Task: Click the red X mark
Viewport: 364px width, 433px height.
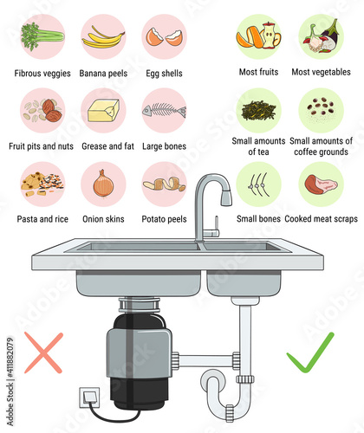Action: coord(43,352)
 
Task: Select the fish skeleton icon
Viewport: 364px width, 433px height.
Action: coord(164,111)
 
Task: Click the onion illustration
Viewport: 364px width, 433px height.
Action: coord(103,184)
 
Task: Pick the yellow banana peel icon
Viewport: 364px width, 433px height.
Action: coord(103,38)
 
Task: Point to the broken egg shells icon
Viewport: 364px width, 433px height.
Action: coord(164,37)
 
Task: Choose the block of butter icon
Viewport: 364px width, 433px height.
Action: coord(103,111)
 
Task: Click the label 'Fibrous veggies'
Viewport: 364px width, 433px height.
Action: coord(42,74)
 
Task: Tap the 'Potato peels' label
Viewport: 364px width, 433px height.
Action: coord(164,219)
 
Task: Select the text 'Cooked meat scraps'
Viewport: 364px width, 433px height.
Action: coord(321,219)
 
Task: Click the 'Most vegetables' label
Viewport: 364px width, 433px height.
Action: coord(321,72)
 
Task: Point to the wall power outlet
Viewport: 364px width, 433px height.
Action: coord(90,397)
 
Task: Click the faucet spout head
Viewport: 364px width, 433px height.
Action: coord(226,197)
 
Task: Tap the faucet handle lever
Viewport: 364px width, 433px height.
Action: coord(216,223)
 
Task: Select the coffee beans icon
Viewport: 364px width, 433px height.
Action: coord(321,107)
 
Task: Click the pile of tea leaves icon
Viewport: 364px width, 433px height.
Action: coord(258,111)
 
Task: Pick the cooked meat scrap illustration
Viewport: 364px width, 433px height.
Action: coord(321,184)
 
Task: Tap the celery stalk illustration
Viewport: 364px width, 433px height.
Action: coord(42,36)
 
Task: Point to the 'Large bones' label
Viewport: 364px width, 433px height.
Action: coord(164,146)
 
